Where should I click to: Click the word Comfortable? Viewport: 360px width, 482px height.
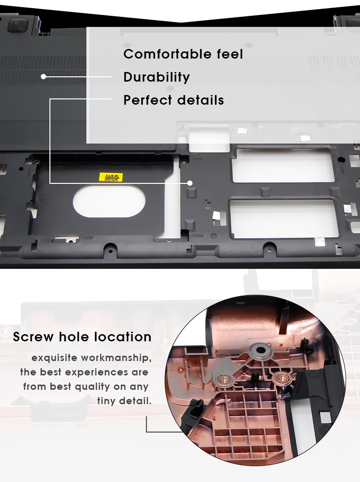click(x=163, y=54)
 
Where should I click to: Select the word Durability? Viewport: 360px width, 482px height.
click(x=156, y=77)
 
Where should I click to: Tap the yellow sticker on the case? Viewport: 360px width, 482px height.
click(x=110, y=177)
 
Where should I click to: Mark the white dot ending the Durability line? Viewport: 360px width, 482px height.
click(x=43, y=76)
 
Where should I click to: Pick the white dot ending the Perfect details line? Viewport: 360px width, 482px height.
click(x=190, y=183)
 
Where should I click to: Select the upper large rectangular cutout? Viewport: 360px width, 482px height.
click(x=283, y=166)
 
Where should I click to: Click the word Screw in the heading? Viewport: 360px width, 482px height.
click(x=34, y=337)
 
